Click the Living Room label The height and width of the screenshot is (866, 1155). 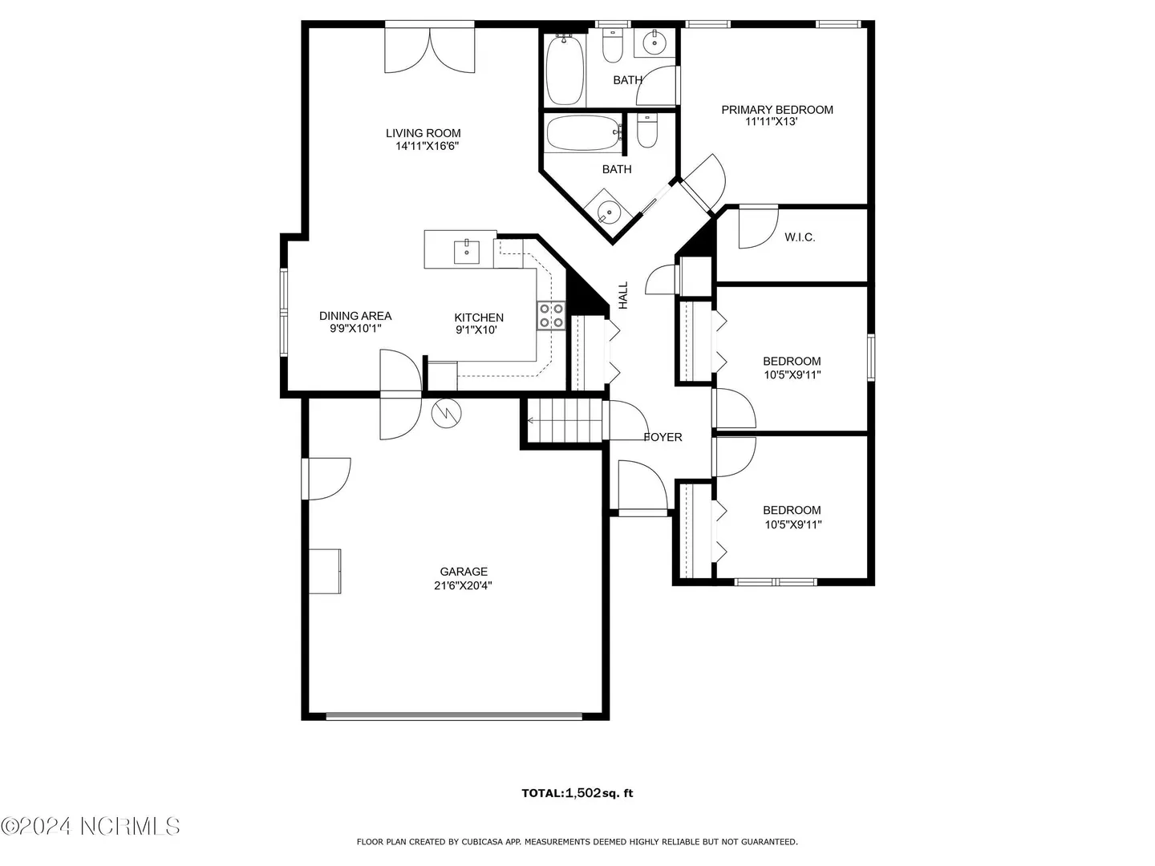pyautogui.click(x=423, y=134)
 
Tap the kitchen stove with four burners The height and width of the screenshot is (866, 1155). pyautogui.click(x=551, y=315)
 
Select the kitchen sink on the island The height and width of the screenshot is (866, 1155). pyautogui.click(x=467, y=252)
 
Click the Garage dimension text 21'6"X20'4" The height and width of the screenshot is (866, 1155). pyautogui.click(x=463, y=585)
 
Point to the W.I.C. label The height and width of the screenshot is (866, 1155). pyautogui.click(x=800, y=237)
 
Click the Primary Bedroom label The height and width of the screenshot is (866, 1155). pyautogui.click(x=777, y=110)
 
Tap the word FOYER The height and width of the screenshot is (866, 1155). pyautogui.click(x=663, y=437)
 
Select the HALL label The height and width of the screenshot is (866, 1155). pyautogui.click(x=623, y=295)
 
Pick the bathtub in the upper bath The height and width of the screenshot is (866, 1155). pyautogui.click(x=565, y=69)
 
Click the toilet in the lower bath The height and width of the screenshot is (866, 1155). pyautogui.click(x=646, y=130)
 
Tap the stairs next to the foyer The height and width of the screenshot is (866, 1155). pyautogui.click(x=565, y=420)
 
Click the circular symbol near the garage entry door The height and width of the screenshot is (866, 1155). pyautogui.click(x=446, y=413)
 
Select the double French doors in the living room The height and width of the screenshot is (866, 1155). pyautogui.click(x=429, y=50)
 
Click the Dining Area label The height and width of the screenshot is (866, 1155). pyautogui.click(x=355, y=316)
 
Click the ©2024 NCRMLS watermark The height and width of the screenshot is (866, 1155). pyautogui.click(x=90, y=827)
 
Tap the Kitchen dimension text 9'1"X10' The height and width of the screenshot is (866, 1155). pyautogui.click(x=476, y=330)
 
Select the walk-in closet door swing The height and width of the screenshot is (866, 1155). pyautogui.click(x=758, y=227)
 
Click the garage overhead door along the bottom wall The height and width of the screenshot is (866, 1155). pyautogui.click(x=454, y=715)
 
